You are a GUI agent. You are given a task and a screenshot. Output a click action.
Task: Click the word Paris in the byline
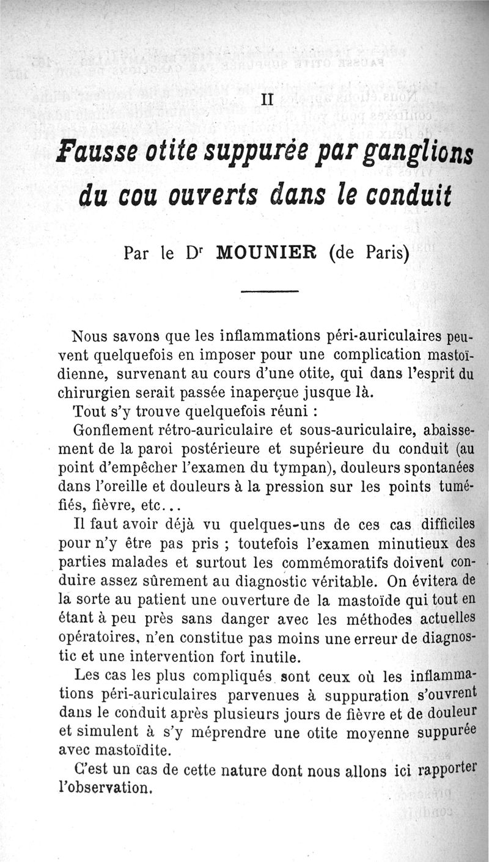pos(386,252)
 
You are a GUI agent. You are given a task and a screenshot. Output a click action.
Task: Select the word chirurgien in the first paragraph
pos(103,391)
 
